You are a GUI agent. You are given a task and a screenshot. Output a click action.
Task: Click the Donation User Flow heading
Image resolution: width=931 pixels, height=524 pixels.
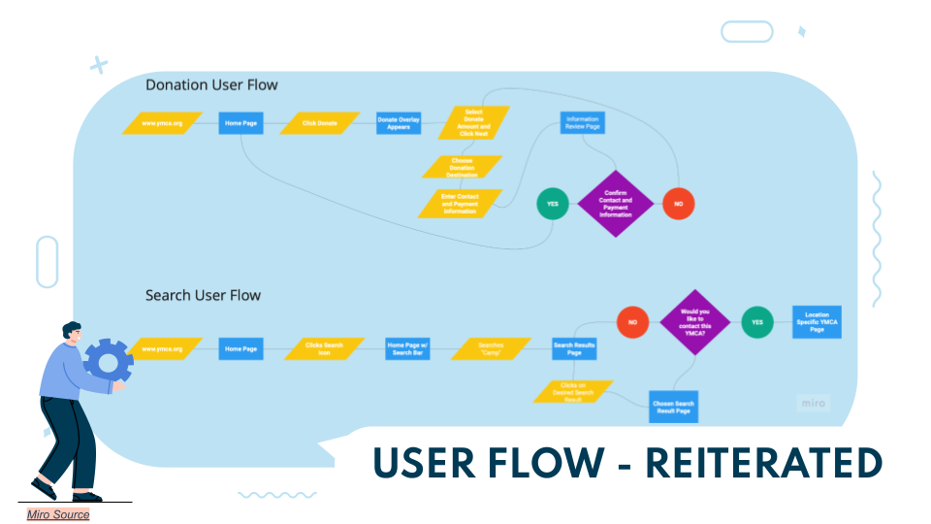211,85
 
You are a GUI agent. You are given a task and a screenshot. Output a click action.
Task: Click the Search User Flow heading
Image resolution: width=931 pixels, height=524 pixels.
203,295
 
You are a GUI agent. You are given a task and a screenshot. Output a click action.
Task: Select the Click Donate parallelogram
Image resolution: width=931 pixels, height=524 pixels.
320,123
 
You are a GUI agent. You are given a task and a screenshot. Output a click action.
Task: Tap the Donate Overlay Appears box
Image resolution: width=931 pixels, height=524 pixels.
398,123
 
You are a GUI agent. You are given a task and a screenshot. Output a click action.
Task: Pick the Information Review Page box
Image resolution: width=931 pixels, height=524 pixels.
582,123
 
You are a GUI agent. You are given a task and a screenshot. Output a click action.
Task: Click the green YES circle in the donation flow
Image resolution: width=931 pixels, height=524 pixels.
553,205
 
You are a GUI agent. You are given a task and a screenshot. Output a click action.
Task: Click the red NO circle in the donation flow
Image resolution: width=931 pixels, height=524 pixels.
678,205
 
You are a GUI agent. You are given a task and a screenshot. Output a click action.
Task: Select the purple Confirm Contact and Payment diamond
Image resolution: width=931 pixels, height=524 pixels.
616,204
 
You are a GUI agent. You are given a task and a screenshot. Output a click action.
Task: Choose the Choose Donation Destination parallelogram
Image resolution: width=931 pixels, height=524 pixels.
462,167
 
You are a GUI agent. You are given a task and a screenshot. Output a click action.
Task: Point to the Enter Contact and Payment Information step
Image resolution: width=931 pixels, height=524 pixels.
461,204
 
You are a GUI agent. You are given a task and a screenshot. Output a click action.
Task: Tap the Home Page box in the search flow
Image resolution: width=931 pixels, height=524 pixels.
241,348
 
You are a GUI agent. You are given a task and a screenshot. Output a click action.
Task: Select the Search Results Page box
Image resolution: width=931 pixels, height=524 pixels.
574,348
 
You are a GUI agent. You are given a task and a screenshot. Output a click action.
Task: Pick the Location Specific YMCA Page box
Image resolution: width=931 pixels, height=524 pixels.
817,322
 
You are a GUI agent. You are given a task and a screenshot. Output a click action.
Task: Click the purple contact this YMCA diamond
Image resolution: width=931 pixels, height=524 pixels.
694,321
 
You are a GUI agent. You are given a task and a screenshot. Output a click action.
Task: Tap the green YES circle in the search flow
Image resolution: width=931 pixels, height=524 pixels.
757,322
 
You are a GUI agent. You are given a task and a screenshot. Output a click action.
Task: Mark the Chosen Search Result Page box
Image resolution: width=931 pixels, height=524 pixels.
672,406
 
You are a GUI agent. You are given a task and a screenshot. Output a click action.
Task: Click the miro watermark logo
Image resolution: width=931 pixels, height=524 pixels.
814,403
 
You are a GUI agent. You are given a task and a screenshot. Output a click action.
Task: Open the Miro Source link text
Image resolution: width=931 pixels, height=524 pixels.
58,515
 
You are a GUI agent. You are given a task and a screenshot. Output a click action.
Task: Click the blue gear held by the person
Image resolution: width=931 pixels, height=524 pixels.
109,361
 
